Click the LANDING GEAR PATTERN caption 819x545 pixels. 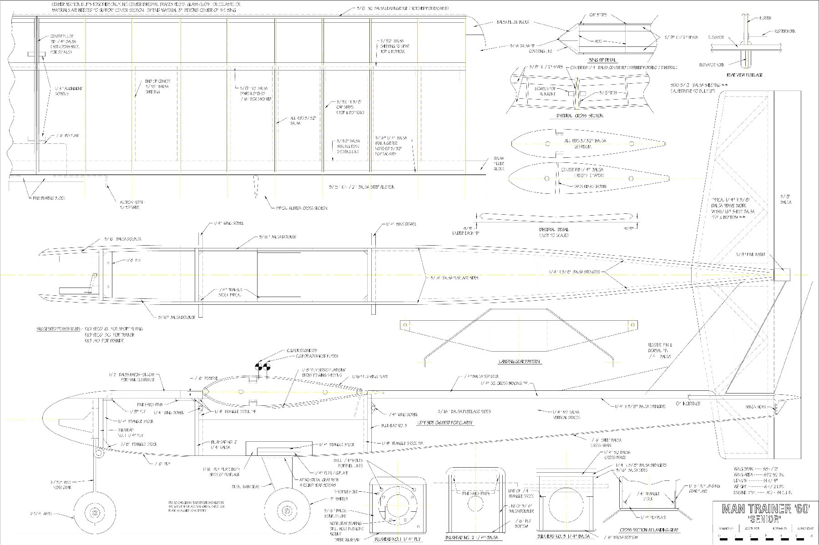point(519,362)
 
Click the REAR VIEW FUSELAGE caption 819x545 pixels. point(744,75)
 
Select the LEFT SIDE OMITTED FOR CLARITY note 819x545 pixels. point(445,423)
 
